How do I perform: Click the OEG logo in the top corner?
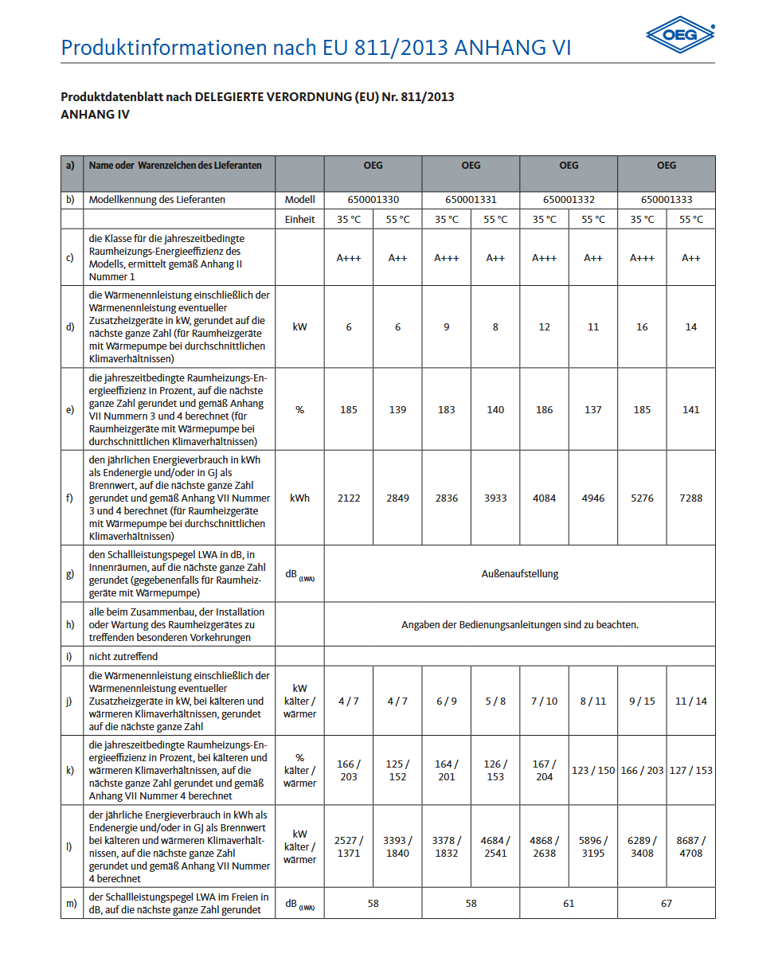pos(680,35)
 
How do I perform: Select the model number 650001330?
pos(373,200)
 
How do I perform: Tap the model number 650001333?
pos(667,200)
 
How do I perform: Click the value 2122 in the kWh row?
pos(348,498)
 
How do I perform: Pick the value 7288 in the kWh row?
pos(690,498)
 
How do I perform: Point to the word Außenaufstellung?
pos(519,573)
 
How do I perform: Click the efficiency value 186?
pos(544,410)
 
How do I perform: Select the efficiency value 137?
pos(593,410)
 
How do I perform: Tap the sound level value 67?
pos(667,904)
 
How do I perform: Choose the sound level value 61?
pos(569,904)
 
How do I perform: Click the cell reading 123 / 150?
pos(593,771)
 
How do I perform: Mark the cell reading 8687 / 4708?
pos(690,847)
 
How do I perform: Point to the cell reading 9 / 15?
pos(642,701)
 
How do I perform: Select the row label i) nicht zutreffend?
pos(123,657)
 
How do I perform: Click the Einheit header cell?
pos(299,220)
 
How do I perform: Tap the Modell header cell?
pos(299,200)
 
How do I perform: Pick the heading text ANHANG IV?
pos(95,115)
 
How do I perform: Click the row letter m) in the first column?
pos(71,904)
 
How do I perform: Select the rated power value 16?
pos(642,327)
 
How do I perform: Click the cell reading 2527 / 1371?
pos(348,847)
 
